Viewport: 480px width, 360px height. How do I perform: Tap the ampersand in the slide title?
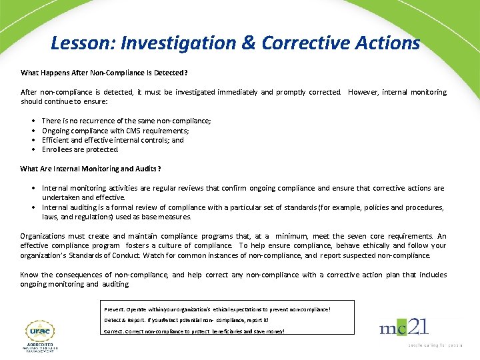(x=249, y=43)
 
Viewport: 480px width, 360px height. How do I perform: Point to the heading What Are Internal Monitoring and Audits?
(x=91, y=169)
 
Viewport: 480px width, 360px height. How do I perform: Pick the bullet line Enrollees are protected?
(x=80, y=149)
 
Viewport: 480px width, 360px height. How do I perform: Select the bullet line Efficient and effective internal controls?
(x=113, y=140)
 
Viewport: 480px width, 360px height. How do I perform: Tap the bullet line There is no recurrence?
(x=126, y=121)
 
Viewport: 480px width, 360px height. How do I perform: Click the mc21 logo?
(x=404, y=327)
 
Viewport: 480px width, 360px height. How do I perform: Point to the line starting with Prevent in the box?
(x=217, y=309)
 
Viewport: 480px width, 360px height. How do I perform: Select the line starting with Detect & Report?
(x=186, y=320)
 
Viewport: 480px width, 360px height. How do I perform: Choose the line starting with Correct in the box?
(x=194, y=331)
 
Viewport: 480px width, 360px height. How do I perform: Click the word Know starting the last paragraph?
(x=29, y=275)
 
